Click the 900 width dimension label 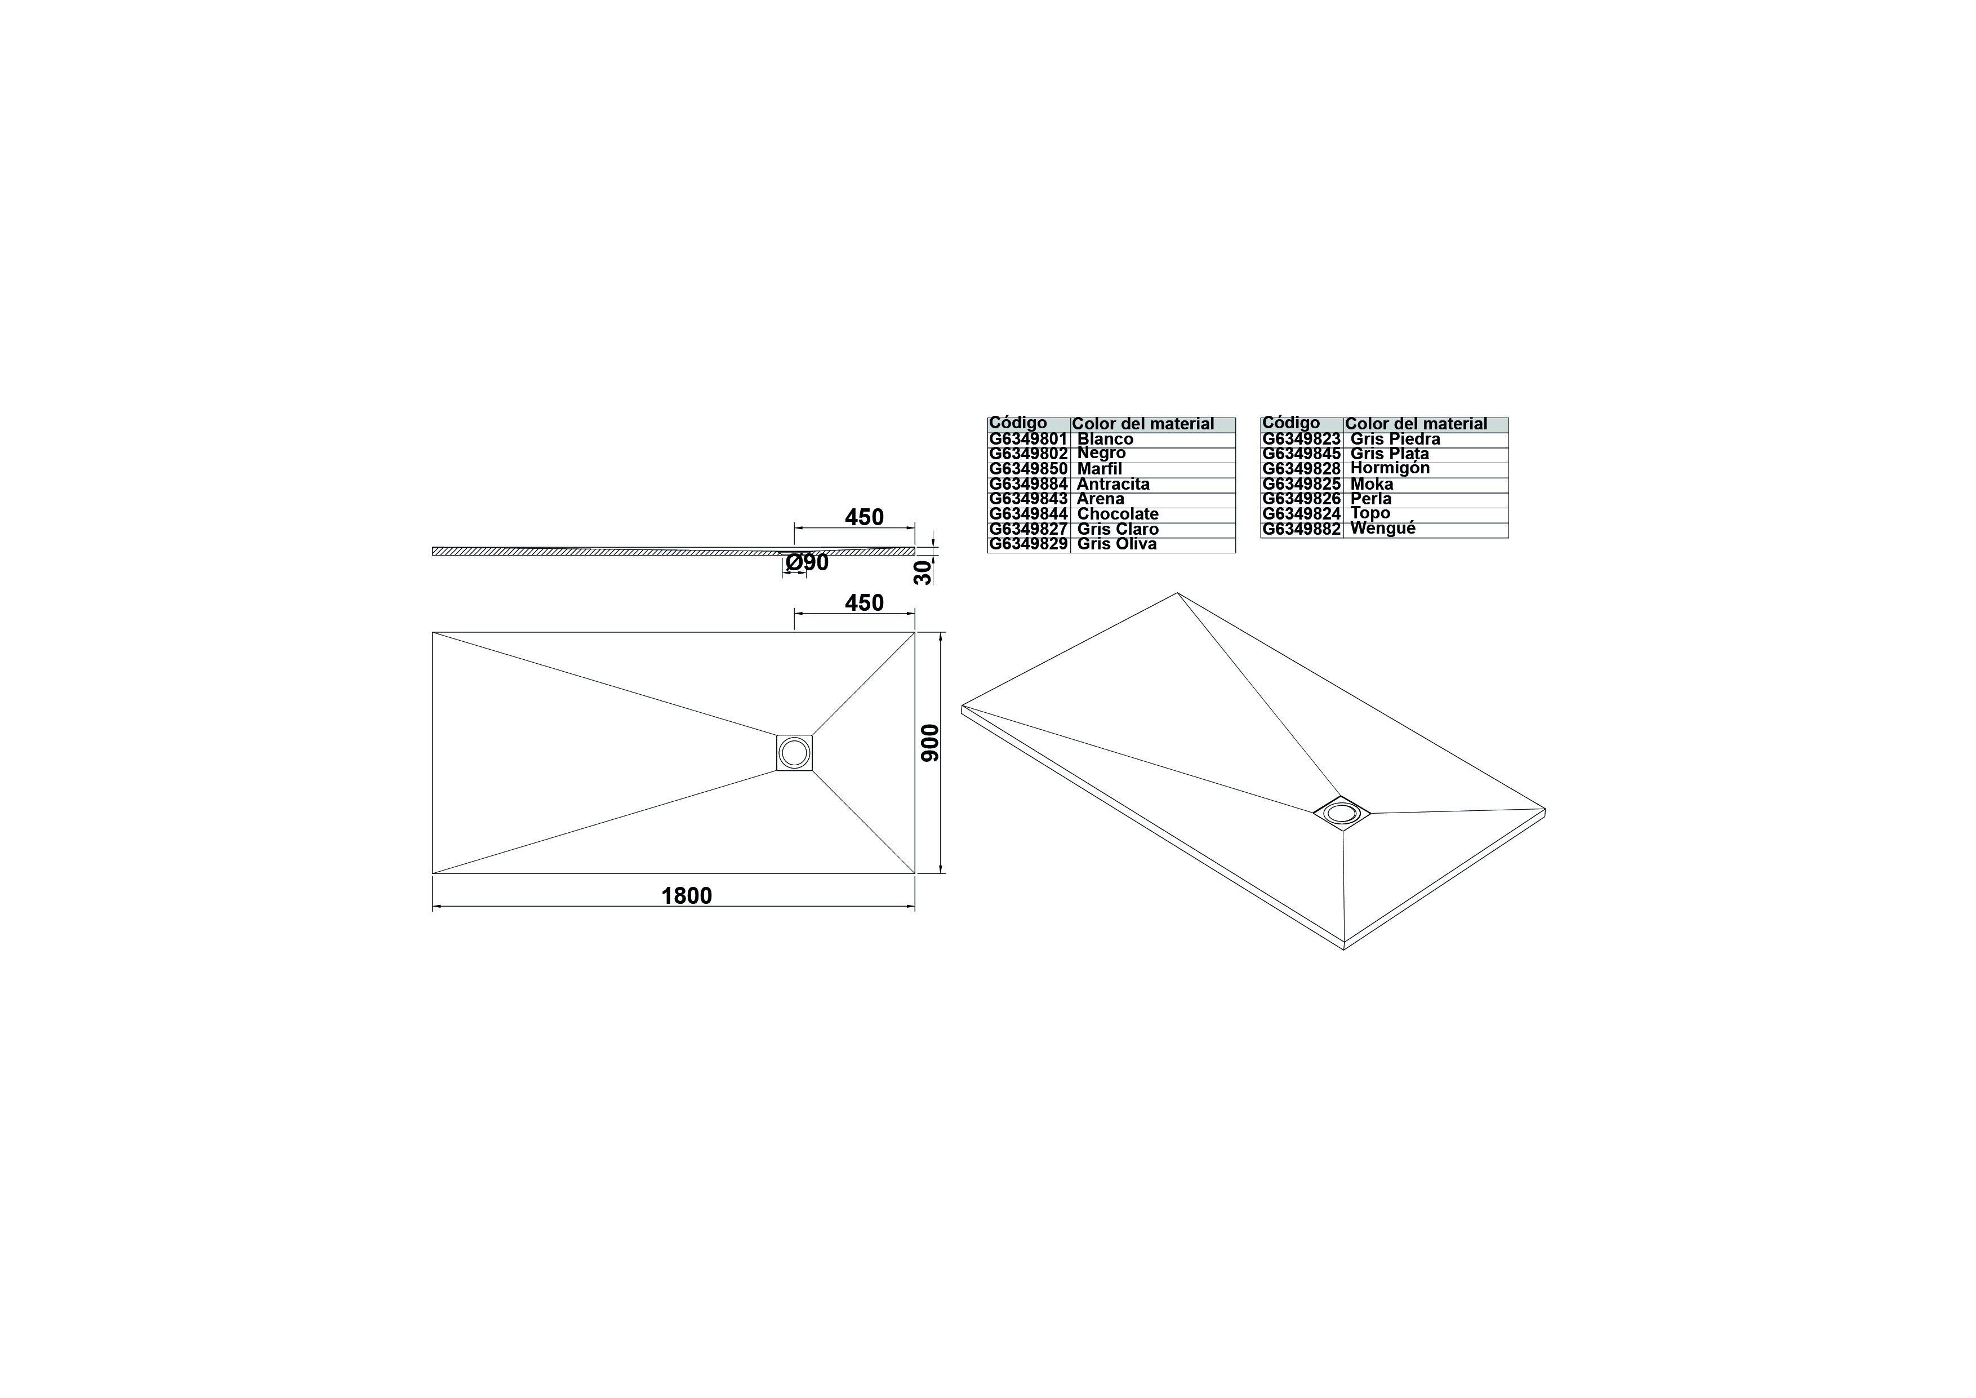(x=931, y=743)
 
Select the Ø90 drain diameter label (x=807, y=563)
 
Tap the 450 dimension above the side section (x=864, y=517)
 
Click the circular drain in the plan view (x=794, y=753)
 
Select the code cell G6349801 (x=1029, y=439)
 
